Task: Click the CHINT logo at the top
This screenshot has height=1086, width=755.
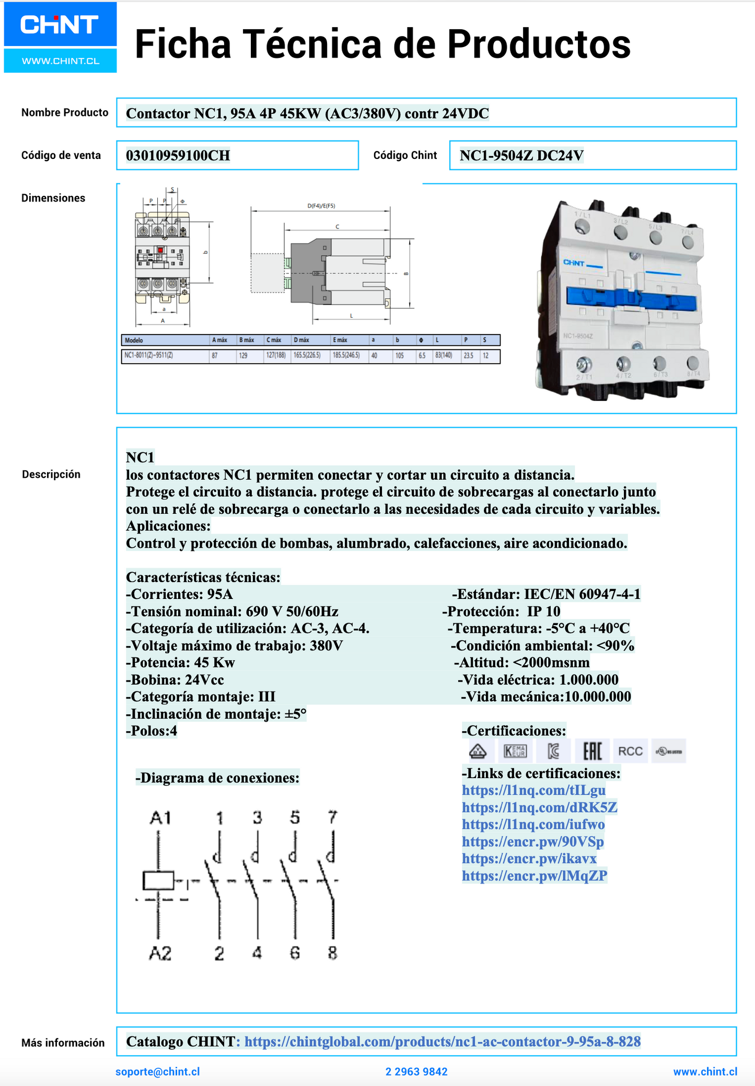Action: pos(60,25)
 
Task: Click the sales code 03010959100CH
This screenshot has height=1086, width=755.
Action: pos(178,156)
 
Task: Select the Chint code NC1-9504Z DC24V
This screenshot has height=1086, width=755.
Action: pos(521,156)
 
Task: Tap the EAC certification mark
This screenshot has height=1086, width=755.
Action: pos(592,752)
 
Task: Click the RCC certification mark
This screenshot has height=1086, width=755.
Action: pos(630,752)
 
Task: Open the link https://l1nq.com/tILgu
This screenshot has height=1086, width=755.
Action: pos(533,790)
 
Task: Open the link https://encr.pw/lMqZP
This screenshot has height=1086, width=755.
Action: pos(534,875)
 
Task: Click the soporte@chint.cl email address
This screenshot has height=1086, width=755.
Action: pos(157,1072)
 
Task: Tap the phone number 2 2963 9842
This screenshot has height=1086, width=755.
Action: pos(416,1072)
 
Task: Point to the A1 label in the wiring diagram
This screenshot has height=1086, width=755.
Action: pos(160,817)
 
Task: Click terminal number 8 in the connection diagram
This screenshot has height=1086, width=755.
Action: pos(332,953)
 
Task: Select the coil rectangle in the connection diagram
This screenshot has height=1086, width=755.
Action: pos(158,881)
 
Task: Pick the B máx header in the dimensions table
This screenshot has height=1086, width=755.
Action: pos(247,340)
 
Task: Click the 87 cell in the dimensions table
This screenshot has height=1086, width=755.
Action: pos(215,356)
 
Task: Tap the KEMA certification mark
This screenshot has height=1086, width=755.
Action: pos(515,752)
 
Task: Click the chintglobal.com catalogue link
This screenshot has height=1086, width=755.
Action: pos(442,1042)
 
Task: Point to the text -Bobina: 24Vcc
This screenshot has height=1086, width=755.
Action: pos(175,680)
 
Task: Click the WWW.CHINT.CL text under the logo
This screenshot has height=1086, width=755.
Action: pos(61,61)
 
